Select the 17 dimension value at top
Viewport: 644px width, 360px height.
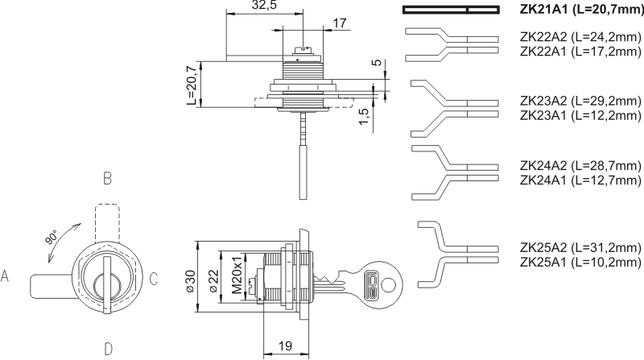(339, 23)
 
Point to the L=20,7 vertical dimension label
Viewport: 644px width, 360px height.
(191, 85)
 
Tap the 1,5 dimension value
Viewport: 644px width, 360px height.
(365, 118)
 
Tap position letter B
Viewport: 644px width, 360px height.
(106, 178)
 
